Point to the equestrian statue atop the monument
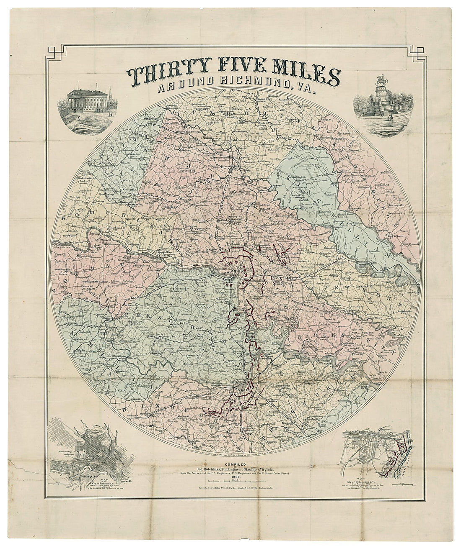pyautogui.click(x=381, y=81)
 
